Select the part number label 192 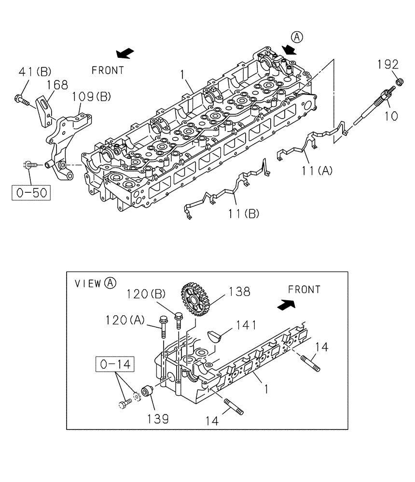tap(387, 64)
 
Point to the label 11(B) tap(243, 213)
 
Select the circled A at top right tap(297, 36)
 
